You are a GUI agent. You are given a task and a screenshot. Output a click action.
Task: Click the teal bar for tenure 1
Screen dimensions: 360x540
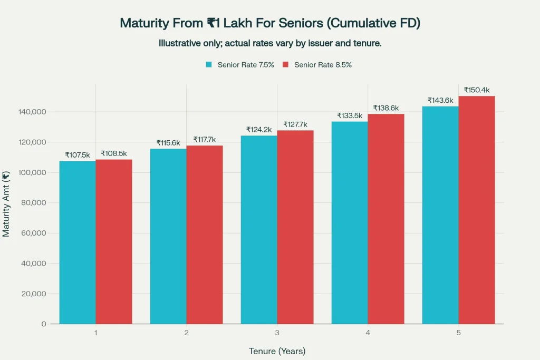tap(78, 242)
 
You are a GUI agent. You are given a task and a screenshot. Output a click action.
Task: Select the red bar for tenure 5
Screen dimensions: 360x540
tap(477, 211)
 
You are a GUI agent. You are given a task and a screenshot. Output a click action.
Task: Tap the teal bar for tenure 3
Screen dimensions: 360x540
tap(259, 230)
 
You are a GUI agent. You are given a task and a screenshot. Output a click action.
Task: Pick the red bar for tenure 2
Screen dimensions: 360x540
tap(205, 235)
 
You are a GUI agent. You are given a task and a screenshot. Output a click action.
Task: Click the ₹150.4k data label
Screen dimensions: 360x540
tap(477, 90)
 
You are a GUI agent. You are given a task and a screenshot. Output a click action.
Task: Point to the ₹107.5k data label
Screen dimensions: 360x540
tap(78, 155)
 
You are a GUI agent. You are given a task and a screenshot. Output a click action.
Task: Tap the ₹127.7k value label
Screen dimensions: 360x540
tap(295, 124)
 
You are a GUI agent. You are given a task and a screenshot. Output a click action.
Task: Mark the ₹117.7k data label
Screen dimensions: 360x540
tap(205, 140)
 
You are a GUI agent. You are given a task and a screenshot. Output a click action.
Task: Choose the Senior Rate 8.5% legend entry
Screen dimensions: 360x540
tap(317, 65)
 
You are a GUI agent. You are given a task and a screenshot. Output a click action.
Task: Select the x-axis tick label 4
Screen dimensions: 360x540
tap(368, 333)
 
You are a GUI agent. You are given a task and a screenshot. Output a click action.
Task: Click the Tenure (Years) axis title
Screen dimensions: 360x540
tap(277, 351)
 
